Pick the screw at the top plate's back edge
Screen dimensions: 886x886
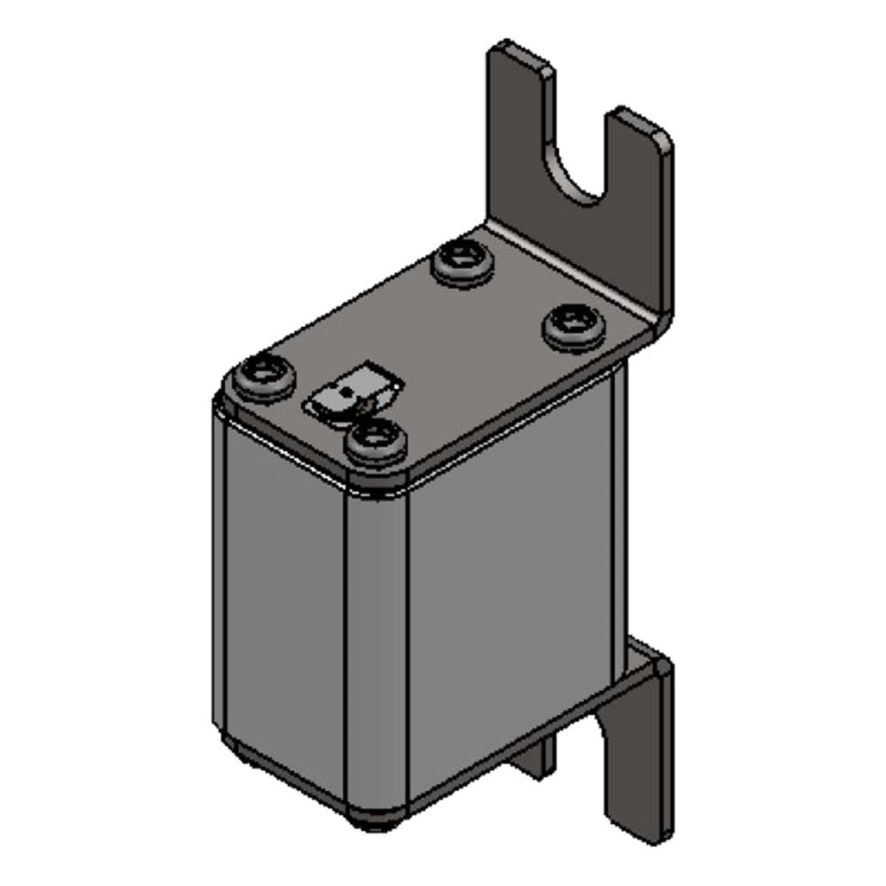point(462,260)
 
